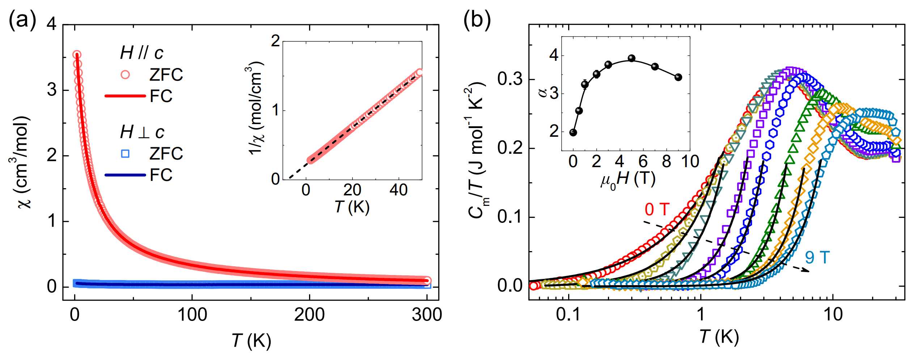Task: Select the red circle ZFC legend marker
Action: pyautogui.click(x=125, y=75)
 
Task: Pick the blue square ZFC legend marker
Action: pyautogui.click(x=125, y=154)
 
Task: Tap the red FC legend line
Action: pyautogui.click(x=125, y=96)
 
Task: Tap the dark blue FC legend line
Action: pyautogui.click(x=125, y=175)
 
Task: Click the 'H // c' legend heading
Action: pyautogui.click(x=141, y=54)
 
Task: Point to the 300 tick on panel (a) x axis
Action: pyautogui.click(x=427, y=315)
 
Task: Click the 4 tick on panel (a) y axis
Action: pyautogui.click(x=52, y=25)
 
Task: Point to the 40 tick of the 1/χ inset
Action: pyautogui.click(x=398, y=190)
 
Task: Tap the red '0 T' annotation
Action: pyautogui.click(x=657, y=209)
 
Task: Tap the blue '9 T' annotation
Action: pyautogui.click(x=817, y=258)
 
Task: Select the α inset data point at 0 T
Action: pyautogui.click(x=573, y=132)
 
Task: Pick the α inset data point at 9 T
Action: pyautogui.click(x=679, y=77)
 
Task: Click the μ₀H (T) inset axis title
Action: pyautogui.click(x=628, y=179)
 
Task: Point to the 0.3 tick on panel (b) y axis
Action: pyautogui.click(x=510, y=79)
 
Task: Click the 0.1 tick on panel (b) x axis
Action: pyautogui.click(x=568, y=315)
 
